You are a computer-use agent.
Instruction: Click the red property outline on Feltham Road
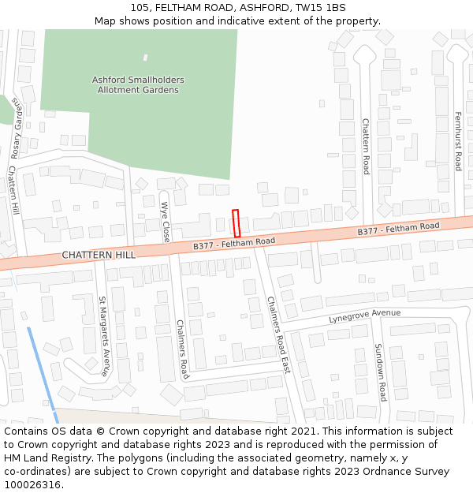[236, 223]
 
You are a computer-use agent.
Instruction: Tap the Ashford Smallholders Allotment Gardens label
[138, 85]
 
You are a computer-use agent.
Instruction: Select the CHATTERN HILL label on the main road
[99, 255]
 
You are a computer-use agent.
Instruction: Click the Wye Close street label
[166, 222]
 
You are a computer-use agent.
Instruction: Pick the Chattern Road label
[366, 146]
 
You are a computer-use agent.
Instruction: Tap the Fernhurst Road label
[457, 141]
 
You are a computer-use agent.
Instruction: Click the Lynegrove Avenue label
[364, 316]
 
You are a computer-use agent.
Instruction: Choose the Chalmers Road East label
[278, 335]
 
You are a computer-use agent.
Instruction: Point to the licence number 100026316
[32, 485]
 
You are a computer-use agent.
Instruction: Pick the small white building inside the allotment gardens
[145, 58]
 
